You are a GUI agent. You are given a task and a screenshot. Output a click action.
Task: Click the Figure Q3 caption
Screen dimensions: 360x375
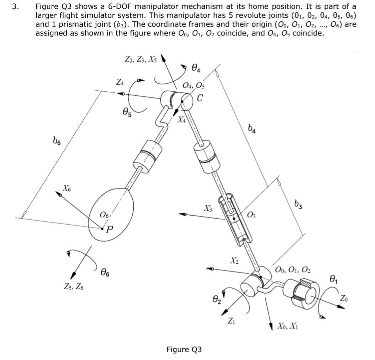(x=184, y=349)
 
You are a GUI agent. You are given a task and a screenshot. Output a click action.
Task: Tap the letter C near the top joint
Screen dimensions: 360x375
(x=200, y=98)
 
